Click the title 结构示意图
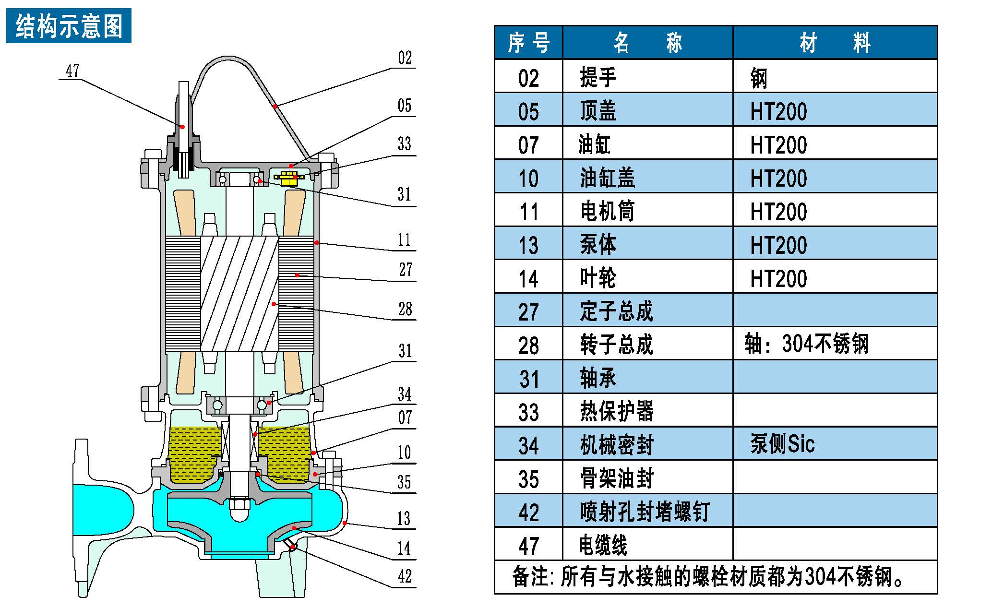tap(69, 26)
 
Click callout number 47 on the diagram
tap(72, 71)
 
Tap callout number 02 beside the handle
tap(405, 58)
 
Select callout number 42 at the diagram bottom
tap(405, 576)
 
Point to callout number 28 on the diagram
tap(405, 309)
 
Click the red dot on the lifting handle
tap(275, 106)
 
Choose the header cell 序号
tap(528, 43)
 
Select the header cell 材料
tap(835, 43)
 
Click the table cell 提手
tap(598, 77)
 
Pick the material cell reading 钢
tap(759, 78)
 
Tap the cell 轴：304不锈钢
tap(807, 344)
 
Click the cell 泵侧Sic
tap(782, 444)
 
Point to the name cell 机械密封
tap(617, 445)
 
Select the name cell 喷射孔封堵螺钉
tap(645, 512)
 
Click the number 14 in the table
tap(528, 279)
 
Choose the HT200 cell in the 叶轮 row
tap(778, 278)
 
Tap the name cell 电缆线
tap(603, 545)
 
